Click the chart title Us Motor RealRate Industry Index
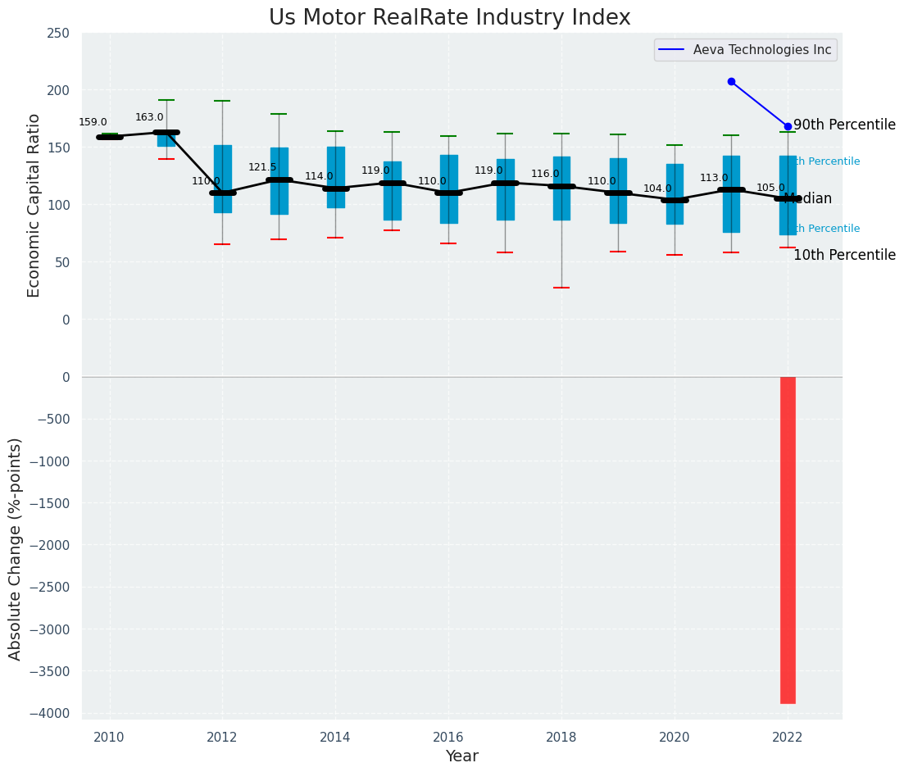click(449, 18)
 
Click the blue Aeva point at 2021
click(731, 81)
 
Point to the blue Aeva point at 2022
click(788, 126)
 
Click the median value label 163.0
click(149, 117)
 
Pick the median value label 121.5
click(262, 167)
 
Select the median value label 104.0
click(657, 188)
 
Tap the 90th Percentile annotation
click(844, 125)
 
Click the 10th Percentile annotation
click(844, 255)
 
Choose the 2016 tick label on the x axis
click(448, 738)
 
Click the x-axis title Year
click(461, 756)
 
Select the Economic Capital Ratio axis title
click(34, 204)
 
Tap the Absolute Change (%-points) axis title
click(16, 548)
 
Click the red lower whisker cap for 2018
click(561, 288)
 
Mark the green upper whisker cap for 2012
click(222, 101)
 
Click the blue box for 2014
click(335, 177)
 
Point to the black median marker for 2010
click(109, 137)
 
